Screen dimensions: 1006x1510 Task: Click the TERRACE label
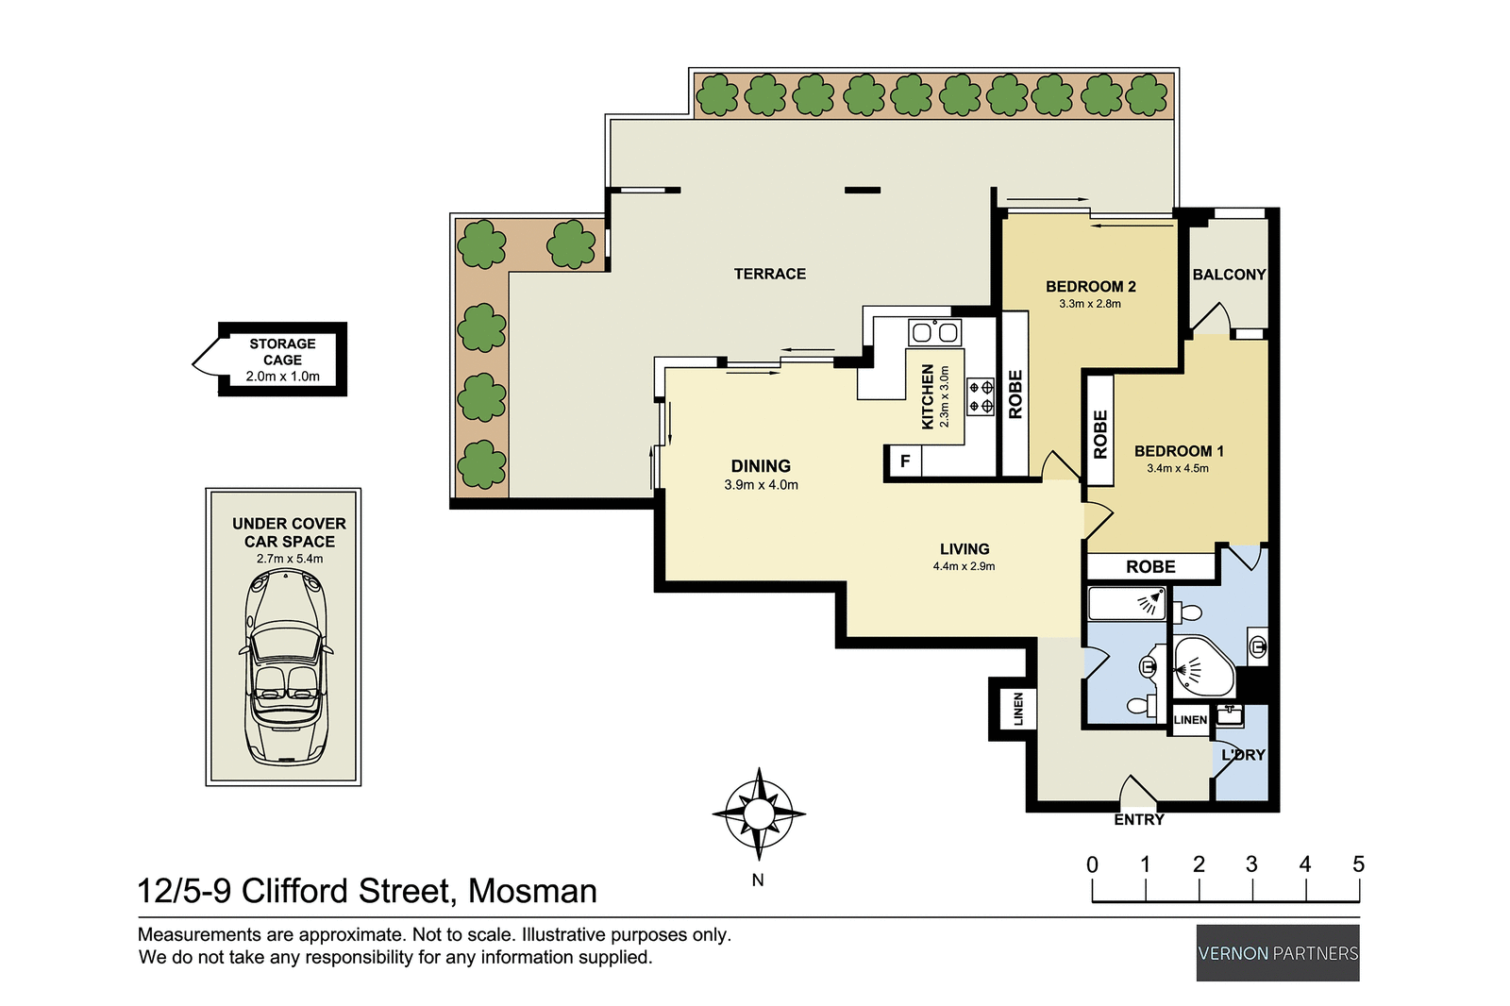point(769,274)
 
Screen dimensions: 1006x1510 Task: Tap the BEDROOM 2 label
point(1090,286)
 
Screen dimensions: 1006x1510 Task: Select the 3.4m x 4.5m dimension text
point(1177,468)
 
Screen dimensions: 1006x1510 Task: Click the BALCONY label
point(1228,275)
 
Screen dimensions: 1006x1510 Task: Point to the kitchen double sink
point(934,332)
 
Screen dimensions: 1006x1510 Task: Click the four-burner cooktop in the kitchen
point(981,396)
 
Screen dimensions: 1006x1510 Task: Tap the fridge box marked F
point(904,461)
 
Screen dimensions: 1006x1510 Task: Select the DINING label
point(761,466)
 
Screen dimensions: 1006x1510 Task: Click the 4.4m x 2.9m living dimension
point(964,566)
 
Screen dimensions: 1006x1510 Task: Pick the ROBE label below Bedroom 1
point(1150,566)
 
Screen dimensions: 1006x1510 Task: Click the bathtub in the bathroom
point(1126,603)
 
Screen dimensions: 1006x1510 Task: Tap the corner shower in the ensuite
point(1200,666)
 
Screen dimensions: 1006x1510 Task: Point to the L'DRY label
point(1242,755)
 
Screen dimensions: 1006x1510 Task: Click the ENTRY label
point(1138,819)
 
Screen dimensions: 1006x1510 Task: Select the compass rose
point(759,813)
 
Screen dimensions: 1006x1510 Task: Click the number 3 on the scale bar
point(1251,864)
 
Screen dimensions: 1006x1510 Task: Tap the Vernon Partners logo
point(1278,953)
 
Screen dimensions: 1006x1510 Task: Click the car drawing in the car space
point(285,665)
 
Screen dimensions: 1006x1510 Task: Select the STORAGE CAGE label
point(282,351)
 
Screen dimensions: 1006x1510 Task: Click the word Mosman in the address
point(532,891)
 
